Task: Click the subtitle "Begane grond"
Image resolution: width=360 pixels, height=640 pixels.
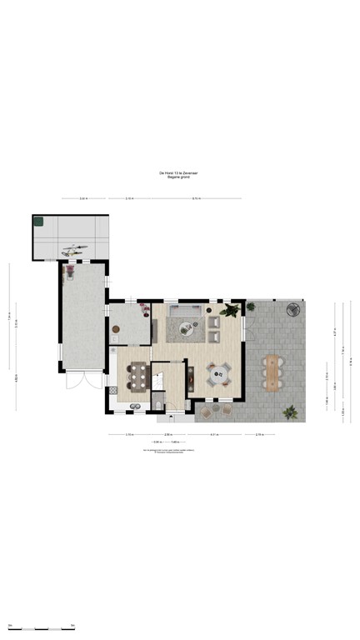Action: pos(179,177)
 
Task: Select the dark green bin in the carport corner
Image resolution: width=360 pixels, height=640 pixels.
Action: pos(37,221)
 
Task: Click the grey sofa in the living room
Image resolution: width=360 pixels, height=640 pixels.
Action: pos(185,312)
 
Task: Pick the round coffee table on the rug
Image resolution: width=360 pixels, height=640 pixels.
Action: pos(185,327)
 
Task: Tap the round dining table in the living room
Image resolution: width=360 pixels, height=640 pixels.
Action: pos(218,375)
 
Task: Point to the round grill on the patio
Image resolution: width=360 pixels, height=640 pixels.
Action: pos(293,310)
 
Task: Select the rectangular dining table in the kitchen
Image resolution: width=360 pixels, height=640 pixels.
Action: pos(136,378)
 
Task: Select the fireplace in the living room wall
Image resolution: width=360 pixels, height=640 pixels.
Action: pos(189,379)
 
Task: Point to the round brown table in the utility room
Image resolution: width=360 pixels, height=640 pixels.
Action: pos(117,330)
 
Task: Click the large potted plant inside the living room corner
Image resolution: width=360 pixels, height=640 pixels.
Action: pos(230,311)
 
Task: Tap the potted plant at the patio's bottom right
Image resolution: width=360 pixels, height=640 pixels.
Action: pos(290,411)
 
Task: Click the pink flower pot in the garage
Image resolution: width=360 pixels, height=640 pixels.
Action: pos(71,269)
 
